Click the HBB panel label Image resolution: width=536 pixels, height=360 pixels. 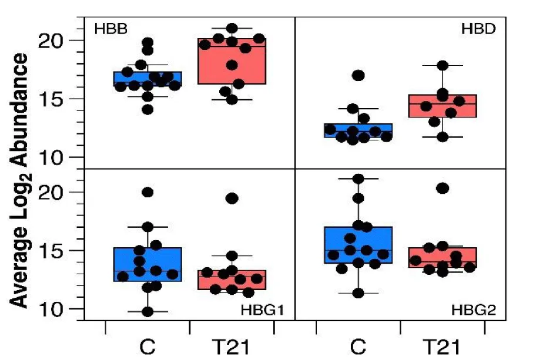pyautogui.click(x=111, y=28)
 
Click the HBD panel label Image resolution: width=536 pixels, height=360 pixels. pyautogui.click(x=477, y=28)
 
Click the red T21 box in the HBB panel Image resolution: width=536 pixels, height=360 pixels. pyautogui.click(x=232, y=62)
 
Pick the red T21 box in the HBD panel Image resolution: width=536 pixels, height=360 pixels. pyautogui.click(x=443, y=106)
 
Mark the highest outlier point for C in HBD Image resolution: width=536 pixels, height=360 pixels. pyautogui.click(x=358, y=75)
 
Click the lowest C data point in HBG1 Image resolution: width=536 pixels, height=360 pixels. pyautogui.click(x=148, y=312)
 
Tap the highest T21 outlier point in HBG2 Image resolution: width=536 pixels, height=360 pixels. pyautogui.click(x=443, y=188)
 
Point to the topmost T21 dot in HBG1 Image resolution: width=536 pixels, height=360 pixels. pyautogui.click(x=232, y=198)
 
